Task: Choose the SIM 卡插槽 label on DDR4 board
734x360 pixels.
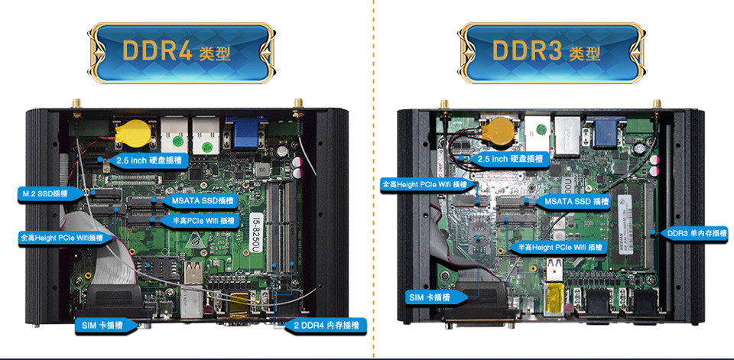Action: (x=106, y=326)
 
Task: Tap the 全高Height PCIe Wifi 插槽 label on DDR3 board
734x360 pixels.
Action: (x=425, y=183)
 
